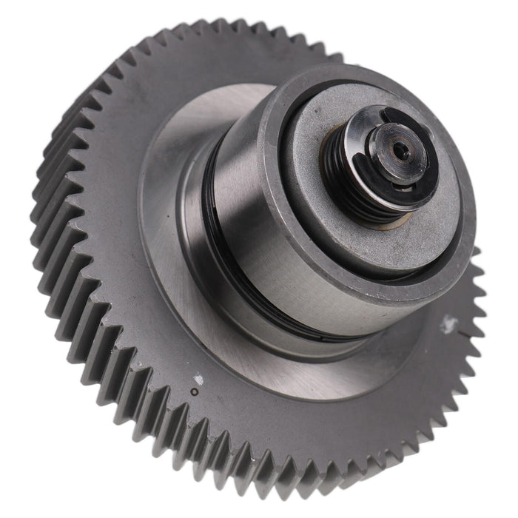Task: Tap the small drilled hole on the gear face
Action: (x=194, y=391)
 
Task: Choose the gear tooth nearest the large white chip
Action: (x=474, y=326)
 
